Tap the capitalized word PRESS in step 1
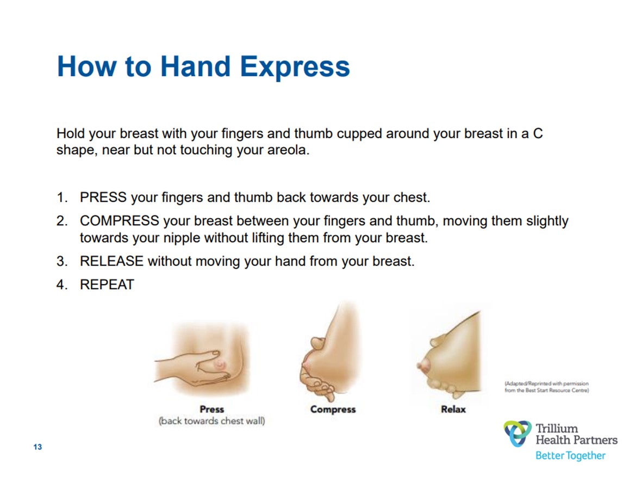point(104,197)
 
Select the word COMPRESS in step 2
point(119,221)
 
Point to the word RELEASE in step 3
point(111,261)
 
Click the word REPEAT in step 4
point(107,285)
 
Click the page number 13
point(38,447)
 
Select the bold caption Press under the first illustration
point(211,409)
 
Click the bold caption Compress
point(333,409)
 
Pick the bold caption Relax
point(453,409)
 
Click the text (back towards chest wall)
point(211,421)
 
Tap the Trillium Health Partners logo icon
point(518,434)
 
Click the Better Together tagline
point(570,455)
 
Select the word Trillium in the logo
point(557,429)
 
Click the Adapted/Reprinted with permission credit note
point(546,387)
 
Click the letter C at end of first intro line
point(537,133)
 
